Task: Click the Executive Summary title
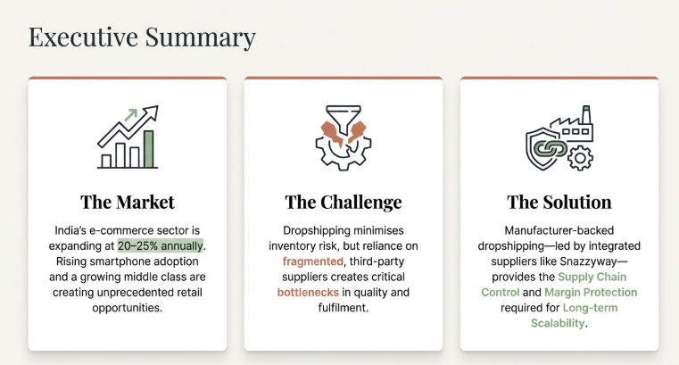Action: coord(142,37)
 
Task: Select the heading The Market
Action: coord(128,202)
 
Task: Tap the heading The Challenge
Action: coord(344,202)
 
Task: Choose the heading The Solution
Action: coord(559,202)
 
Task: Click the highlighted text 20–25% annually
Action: coord(161,245)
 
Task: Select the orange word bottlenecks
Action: coord(308,293)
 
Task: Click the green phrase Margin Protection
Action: coord(591,293)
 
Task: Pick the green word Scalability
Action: coord(559,324)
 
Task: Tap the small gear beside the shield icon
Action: coord(581,159)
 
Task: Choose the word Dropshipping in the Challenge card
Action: coord(319,229)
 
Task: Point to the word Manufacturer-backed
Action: coord(559,229)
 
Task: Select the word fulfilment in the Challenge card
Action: coord(344,308)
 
